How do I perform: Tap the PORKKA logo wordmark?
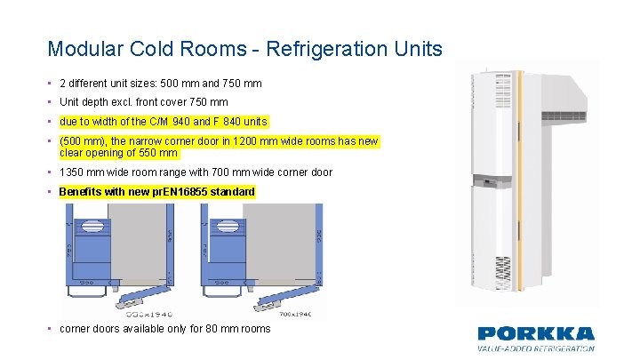click(x=535, y=334)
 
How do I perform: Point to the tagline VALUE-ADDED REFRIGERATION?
click(x=535, y=348)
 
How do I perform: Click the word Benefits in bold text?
click(x=81, y=192)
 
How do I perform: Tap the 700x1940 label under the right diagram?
click(x=298, y=314)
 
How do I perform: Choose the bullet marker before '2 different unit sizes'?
click(x=51, y=84)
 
